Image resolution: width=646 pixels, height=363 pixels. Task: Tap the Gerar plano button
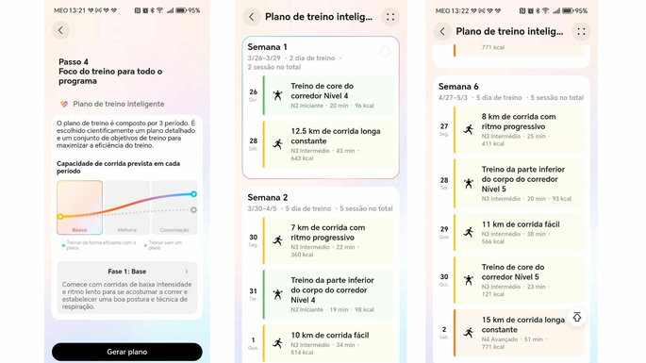click(126, 352)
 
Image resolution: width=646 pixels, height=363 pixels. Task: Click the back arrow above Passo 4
click(61, 30)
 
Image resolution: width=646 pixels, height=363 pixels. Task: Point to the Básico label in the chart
click(79, 228)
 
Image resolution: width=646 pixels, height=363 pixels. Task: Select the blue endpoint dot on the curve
click(193, 194)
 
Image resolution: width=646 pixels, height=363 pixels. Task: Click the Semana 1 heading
click(267, 46)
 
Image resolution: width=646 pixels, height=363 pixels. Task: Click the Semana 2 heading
click(267, 197)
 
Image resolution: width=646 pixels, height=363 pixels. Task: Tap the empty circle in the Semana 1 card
click(385, 52)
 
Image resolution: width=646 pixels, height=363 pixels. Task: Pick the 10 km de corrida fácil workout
click(329, 335)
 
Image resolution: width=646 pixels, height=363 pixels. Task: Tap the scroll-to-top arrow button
click(575, 318)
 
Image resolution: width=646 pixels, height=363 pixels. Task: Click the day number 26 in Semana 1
click(253, 92)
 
